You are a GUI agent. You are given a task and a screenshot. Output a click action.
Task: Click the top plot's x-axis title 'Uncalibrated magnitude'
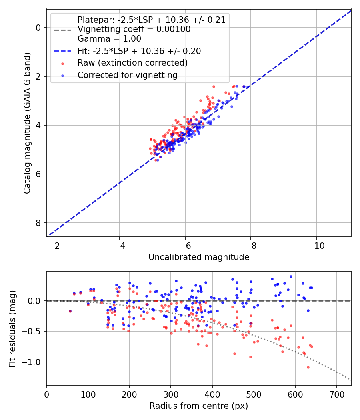tap(199, 257)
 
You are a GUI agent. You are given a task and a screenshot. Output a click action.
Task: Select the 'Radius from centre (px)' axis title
tap(199, 406)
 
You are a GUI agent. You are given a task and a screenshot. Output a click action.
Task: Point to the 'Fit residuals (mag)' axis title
tap(13, 328)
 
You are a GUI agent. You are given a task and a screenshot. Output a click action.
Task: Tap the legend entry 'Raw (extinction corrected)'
tap(132, 63)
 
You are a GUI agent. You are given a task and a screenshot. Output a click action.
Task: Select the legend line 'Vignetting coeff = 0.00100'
tap(134, 29)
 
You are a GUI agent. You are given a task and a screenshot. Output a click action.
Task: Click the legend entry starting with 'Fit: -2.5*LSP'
tap(139, 51)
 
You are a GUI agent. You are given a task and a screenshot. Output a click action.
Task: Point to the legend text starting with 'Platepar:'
tap(152, 20)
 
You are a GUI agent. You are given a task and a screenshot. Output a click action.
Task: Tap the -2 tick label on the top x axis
tap(54, 244)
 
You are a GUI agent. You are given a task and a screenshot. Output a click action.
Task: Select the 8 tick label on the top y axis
tap(38, 223)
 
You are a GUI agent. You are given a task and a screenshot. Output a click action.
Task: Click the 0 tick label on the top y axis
tap(38, 28)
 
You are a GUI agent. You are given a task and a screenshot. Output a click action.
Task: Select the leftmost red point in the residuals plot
tap(70, 311)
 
